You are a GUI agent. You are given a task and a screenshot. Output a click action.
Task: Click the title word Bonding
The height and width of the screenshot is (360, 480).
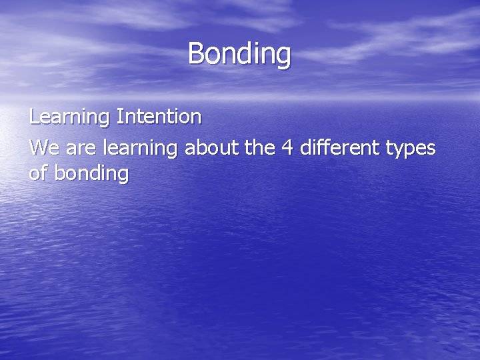(239, 54)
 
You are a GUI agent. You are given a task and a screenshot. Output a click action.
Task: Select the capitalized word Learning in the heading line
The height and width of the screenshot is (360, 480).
(70, 117)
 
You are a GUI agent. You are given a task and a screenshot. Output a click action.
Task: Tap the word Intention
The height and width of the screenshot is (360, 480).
(159, 117)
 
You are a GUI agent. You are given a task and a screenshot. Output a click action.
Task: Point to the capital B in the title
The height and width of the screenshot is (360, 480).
(196, 53)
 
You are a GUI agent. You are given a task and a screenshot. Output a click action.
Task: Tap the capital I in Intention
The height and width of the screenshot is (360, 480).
(119, 117)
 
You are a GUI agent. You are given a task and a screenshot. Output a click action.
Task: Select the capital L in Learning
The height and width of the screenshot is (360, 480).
(34, 117)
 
